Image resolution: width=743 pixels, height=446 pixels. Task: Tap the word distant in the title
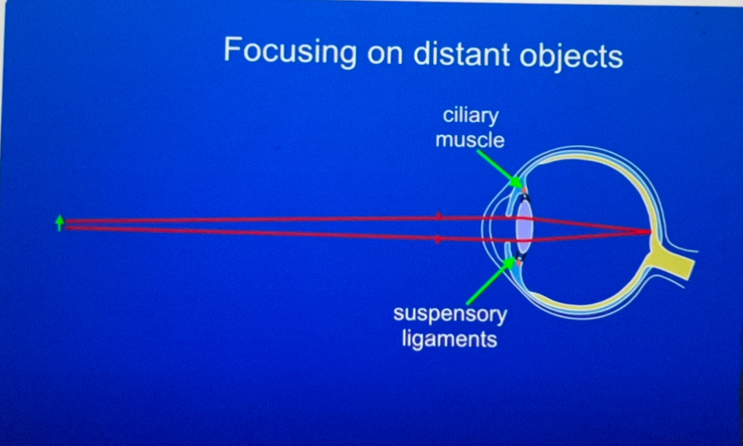coord(462,53)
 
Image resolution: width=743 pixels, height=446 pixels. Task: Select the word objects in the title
coord(571,56)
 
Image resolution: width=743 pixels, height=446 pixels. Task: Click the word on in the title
coord(385,55)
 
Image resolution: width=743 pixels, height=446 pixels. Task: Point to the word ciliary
coord(470,116)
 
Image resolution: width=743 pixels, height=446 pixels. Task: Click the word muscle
coord(470,140)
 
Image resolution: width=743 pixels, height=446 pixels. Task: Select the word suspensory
coord(450,314)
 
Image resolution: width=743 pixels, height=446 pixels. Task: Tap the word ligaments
coord(450,339)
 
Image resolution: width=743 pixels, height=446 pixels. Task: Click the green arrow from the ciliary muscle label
coord(500,169)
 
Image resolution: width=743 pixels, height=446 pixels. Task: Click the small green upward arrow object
coord(60,223)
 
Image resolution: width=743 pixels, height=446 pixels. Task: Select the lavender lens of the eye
coord(524,226)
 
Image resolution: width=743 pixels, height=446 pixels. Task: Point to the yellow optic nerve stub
coord(673,259)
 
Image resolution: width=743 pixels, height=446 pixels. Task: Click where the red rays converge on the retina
coord(649,232)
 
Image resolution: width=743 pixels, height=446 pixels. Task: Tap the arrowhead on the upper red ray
coord(439,216)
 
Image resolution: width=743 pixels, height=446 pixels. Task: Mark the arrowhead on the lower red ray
coord(439,239)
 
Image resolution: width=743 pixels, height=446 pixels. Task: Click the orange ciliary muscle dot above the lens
coord(524,191)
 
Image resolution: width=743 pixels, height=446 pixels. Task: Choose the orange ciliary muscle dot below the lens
coord(520,262)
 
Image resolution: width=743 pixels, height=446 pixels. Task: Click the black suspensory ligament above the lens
coord(524,196)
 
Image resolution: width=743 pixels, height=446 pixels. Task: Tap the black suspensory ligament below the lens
coord(521,256)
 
